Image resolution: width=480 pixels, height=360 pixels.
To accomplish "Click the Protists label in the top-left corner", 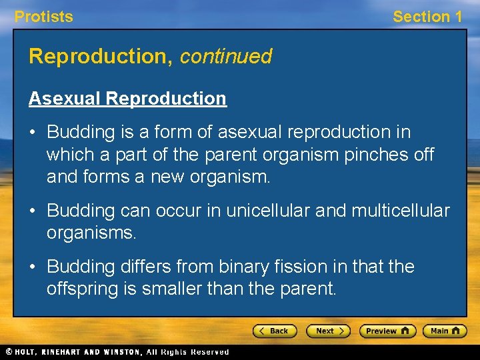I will click(44, 17).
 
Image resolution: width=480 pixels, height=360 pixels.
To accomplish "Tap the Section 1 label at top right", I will click(427, 17).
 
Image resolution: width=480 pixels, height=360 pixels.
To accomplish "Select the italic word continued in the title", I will click(225, 57).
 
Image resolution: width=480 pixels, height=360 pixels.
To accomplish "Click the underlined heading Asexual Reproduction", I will click(127, 99).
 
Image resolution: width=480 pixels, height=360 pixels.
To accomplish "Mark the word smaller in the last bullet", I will click(173, 289).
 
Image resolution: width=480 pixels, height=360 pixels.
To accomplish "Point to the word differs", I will click(144, 267).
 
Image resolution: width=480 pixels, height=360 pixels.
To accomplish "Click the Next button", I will click(327, 331).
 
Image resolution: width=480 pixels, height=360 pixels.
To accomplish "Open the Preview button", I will click(387, 331).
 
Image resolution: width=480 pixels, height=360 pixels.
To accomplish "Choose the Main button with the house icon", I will click(445, 331).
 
